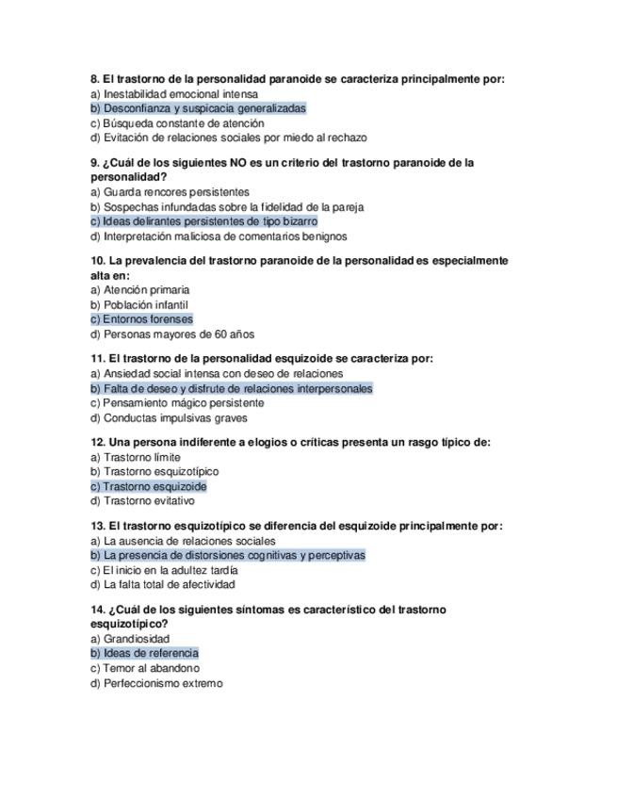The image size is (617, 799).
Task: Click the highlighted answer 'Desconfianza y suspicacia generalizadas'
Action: coord(199,108)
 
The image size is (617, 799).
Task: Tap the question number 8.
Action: coord(94,79)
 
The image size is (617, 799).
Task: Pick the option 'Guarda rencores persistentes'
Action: coord(170,192)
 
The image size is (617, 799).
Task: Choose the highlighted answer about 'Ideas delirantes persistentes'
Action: coord(204,221)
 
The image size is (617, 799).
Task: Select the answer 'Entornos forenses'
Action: coord(142,319)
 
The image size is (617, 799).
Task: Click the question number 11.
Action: coord(97,359)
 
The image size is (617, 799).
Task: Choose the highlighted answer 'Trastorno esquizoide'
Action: coord(149,487)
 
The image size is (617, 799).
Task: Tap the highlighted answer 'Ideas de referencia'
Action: coord(145,653)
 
